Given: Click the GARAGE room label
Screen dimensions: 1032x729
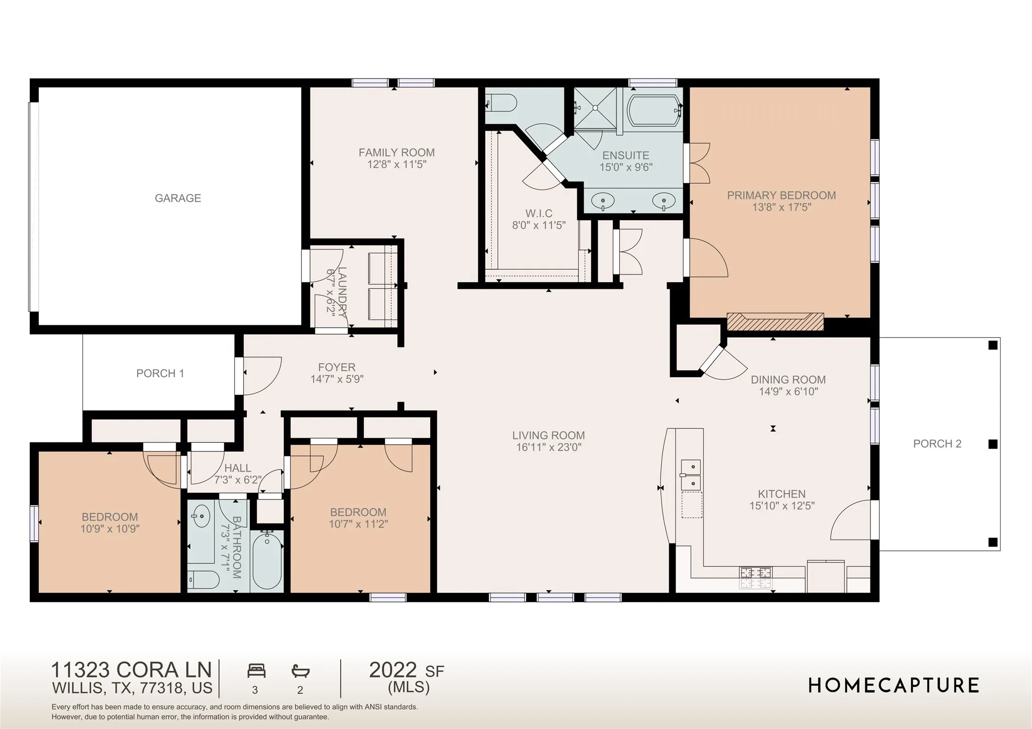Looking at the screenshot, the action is tap(178, 198).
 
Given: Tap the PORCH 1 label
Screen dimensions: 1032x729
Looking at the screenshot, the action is tap(160, 373).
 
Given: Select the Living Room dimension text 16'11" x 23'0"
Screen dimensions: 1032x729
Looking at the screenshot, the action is tap(549, 447).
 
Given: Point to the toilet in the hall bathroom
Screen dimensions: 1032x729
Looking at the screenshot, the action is tap(203, 580).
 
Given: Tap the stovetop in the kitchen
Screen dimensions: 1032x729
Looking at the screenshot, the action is tap(755, 577).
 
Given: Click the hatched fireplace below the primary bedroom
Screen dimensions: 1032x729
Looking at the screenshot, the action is tap(775, 321).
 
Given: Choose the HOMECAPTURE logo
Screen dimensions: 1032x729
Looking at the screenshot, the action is tap(893, 685).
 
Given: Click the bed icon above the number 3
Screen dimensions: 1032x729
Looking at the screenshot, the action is tap(257, 670).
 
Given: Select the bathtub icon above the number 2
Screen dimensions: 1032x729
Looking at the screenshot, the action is tap(301, 670).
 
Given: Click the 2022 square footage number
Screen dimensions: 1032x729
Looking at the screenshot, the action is tap(393, 670).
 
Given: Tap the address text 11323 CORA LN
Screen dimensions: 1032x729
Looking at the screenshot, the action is tap(132, 670).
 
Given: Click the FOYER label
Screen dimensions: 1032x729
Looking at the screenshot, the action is tap(337, 367).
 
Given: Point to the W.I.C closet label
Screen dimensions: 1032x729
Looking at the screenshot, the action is tap(539, 213).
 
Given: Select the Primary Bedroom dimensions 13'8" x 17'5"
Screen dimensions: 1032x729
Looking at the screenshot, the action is tap(782, 207).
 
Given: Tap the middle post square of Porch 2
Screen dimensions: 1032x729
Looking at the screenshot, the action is tap(993, 444).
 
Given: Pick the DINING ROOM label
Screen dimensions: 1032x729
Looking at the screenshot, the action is tap(788, 380).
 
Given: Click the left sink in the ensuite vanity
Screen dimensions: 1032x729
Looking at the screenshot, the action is tap(603, 201).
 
